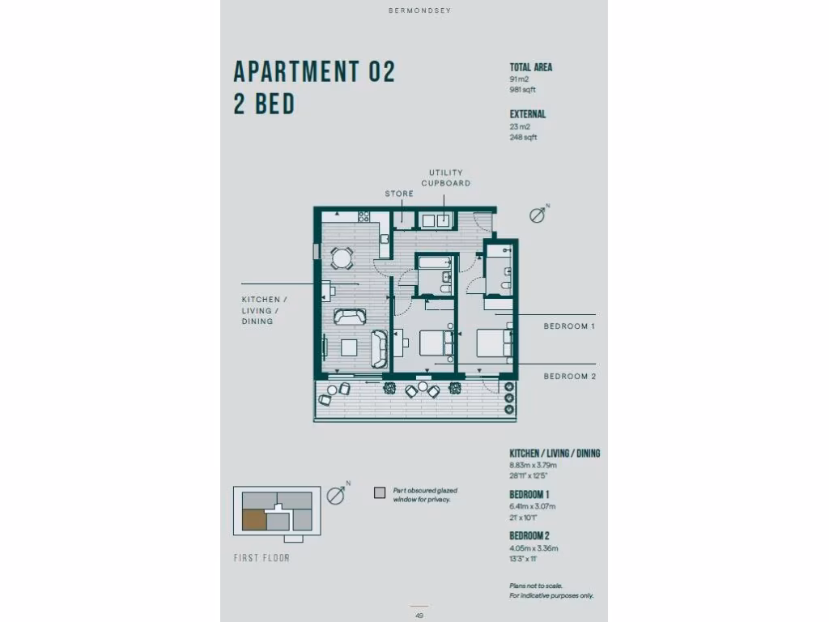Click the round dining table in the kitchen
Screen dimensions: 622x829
[342, 258]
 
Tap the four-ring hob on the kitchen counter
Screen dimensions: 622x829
[363, 216]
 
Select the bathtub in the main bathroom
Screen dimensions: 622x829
[436, 263]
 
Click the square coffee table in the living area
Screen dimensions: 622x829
[349, 347]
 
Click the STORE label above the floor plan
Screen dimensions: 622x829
[399, 194]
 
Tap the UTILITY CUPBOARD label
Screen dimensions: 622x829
[445, 177]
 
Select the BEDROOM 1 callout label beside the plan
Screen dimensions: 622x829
[569, 326]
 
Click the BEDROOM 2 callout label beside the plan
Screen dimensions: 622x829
[569, 376]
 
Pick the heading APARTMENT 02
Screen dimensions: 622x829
[314, 72]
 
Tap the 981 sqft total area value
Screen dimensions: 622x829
[522, 90]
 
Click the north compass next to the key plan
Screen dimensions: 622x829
[337, 496]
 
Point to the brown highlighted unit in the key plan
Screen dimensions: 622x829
[253, 520]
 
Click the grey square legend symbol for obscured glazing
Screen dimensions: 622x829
[379, 492]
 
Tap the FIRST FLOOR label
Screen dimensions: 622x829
[261, 558]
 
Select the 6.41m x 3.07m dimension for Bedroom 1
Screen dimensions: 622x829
[533, 507]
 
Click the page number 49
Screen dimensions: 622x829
[419, 616]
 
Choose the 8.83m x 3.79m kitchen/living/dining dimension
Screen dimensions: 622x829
[533, 465]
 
